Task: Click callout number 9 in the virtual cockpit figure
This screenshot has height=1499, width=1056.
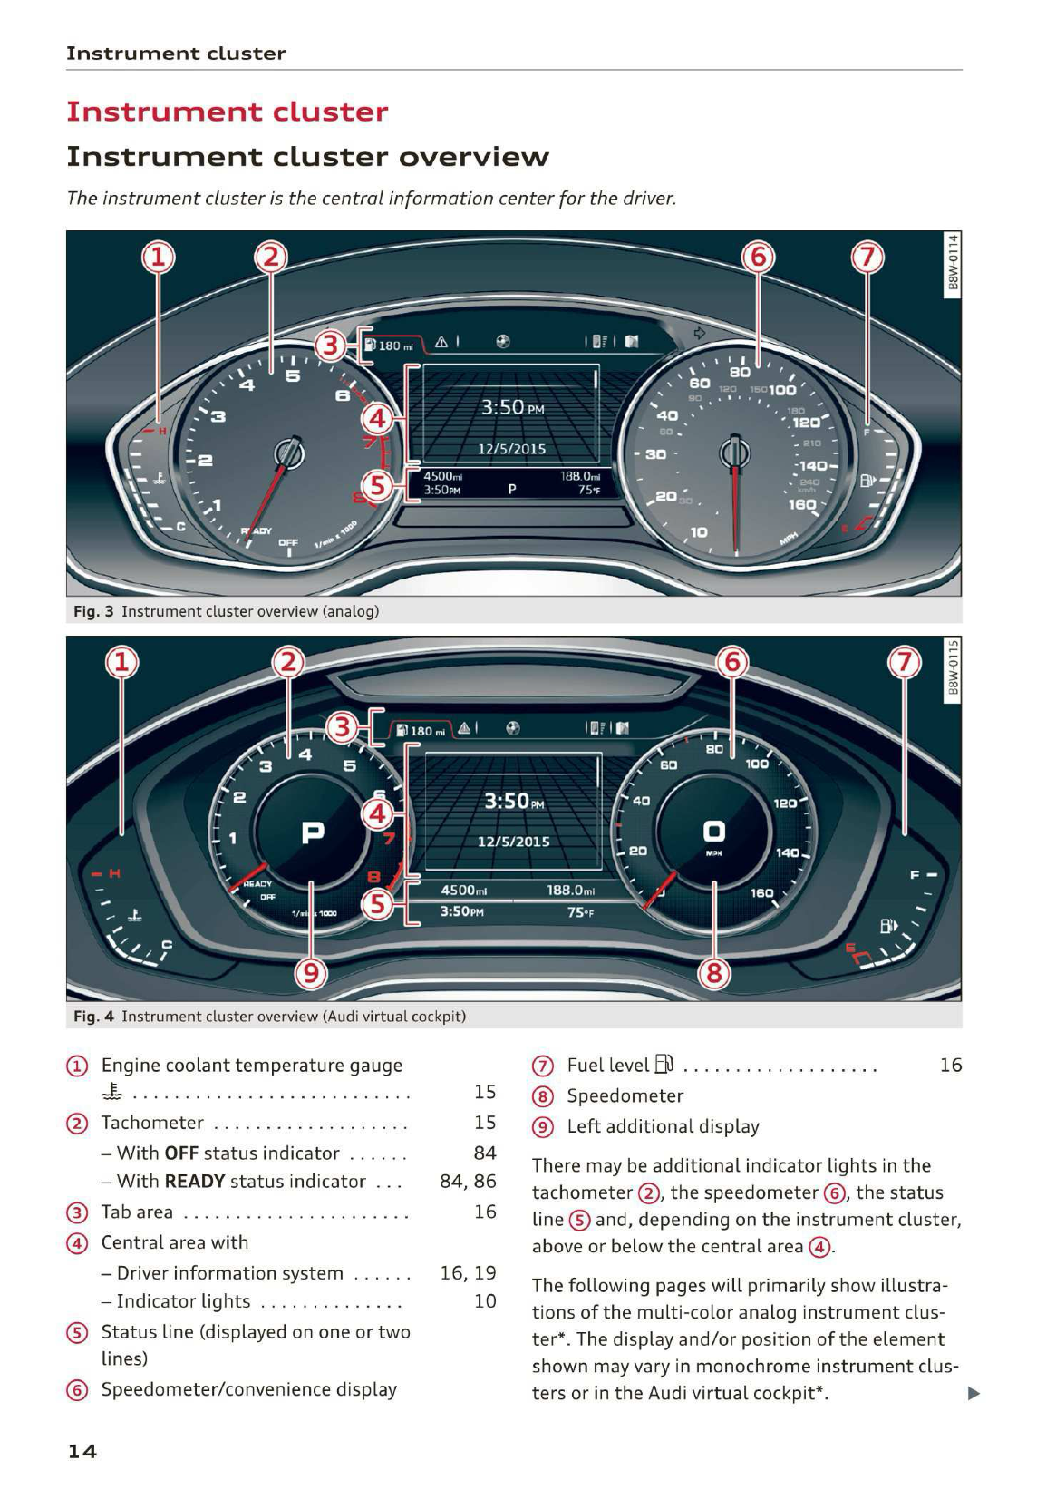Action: point(311,974)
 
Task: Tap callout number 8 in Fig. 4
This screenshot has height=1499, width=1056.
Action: point(714,974)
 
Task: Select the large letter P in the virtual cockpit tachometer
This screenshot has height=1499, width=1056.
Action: point(312,831)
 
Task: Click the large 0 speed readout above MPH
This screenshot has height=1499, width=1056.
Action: point(714,830)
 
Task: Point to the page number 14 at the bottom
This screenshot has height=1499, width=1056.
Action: point(82,1451)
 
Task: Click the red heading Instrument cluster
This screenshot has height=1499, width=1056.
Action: point(227,112)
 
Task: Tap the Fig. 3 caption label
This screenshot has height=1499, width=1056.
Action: point(93,611)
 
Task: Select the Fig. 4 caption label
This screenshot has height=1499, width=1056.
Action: point(93,1016)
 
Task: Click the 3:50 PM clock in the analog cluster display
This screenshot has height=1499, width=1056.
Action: point(512,407)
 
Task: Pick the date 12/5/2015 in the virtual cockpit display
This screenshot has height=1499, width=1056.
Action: point(513,841)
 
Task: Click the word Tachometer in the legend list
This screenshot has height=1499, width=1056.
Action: point(152,1123)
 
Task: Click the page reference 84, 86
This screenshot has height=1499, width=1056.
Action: point(468,1182)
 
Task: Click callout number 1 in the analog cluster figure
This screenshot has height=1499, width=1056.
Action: point(158,258)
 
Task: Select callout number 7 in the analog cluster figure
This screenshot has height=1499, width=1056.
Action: point(867,258)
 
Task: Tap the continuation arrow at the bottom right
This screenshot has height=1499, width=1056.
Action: point(974,1393)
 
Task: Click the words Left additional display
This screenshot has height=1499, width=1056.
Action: point(663,1126)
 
